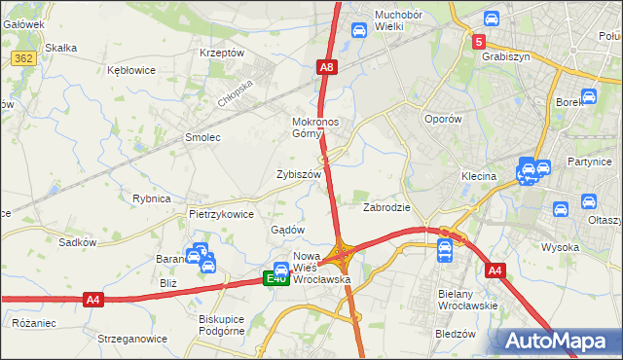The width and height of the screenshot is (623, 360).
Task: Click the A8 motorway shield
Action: [327, 67]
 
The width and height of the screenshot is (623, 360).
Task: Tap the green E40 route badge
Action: [277, 279]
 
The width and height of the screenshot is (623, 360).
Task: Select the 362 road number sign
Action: [24, 59]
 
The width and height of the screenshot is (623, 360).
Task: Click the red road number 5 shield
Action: [479, 42]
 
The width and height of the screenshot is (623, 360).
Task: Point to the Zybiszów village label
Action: [298, 174]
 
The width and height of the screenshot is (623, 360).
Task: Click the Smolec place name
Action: [202, 138]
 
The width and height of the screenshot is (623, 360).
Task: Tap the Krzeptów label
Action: [221, 53]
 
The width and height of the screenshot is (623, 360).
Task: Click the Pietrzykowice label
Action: [221, 214]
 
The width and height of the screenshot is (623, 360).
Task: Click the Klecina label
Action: [479, 177]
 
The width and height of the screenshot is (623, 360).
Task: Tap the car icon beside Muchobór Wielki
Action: [358, 30]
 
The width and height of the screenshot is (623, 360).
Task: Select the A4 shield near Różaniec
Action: [92, 300]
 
